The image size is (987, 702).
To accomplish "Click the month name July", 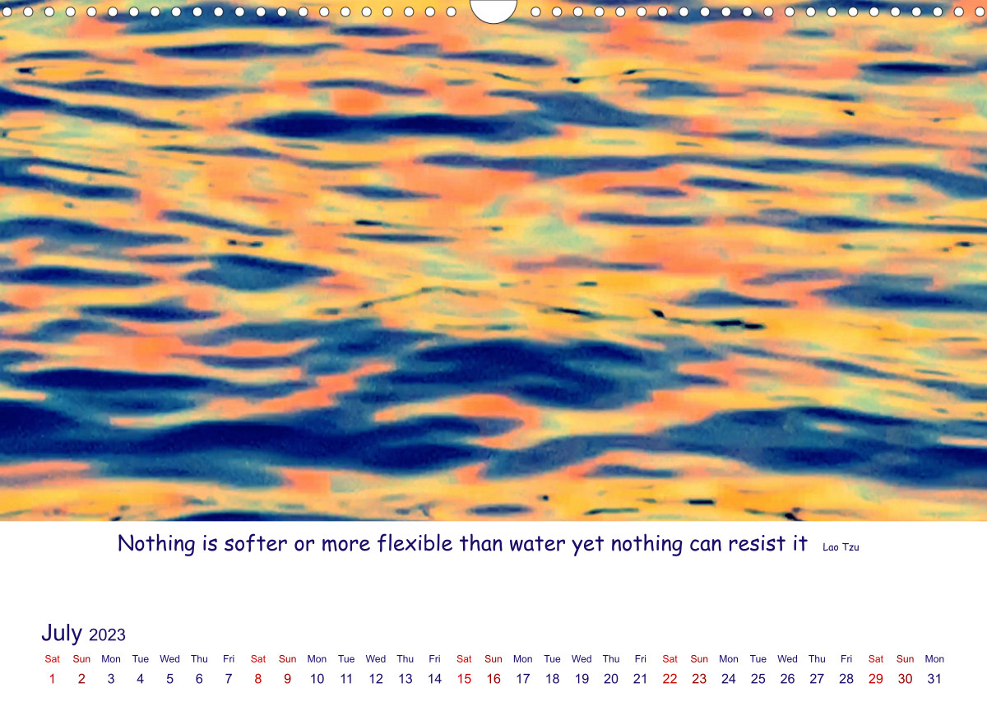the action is click(x=62, y=633).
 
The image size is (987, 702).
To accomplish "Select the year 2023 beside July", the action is click(x=107, y=635).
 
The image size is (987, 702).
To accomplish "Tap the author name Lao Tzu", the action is click(x=841, y=546).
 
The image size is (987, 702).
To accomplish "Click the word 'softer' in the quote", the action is click(x=256, y=543).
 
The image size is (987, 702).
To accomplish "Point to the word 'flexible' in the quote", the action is click(x=415, y=543).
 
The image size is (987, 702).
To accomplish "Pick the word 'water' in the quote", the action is click(x=537, y=544).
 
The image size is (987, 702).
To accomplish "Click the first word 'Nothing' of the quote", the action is click(x=156, y=544).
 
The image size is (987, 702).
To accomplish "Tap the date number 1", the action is click(x=52, y=679).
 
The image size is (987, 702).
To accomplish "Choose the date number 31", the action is click(x=934, y=679).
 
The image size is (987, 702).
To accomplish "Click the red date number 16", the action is click(x=493, y=679).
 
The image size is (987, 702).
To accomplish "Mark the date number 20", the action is click(x=610, y=679).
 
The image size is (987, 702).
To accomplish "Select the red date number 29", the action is click(x=875, y=679).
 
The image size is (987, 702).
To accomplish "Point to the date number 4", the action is click(x=140, y=679).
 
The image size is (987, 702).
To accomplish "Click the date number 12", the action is click(x=376, y=679).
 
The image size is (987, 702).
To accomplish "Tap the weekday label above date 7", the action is click(x=229, y=658).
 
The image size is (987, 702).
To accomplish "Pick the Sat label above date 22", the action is click(x=670, y=658).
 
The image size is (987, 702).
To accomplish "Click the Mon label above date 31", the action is click(x=934, y=658).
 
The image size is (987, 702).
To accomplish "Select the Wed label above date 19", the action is click(x=582, y=658).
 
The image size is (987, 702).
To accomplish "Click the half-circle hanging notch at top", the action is click(x=493, y=16).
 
